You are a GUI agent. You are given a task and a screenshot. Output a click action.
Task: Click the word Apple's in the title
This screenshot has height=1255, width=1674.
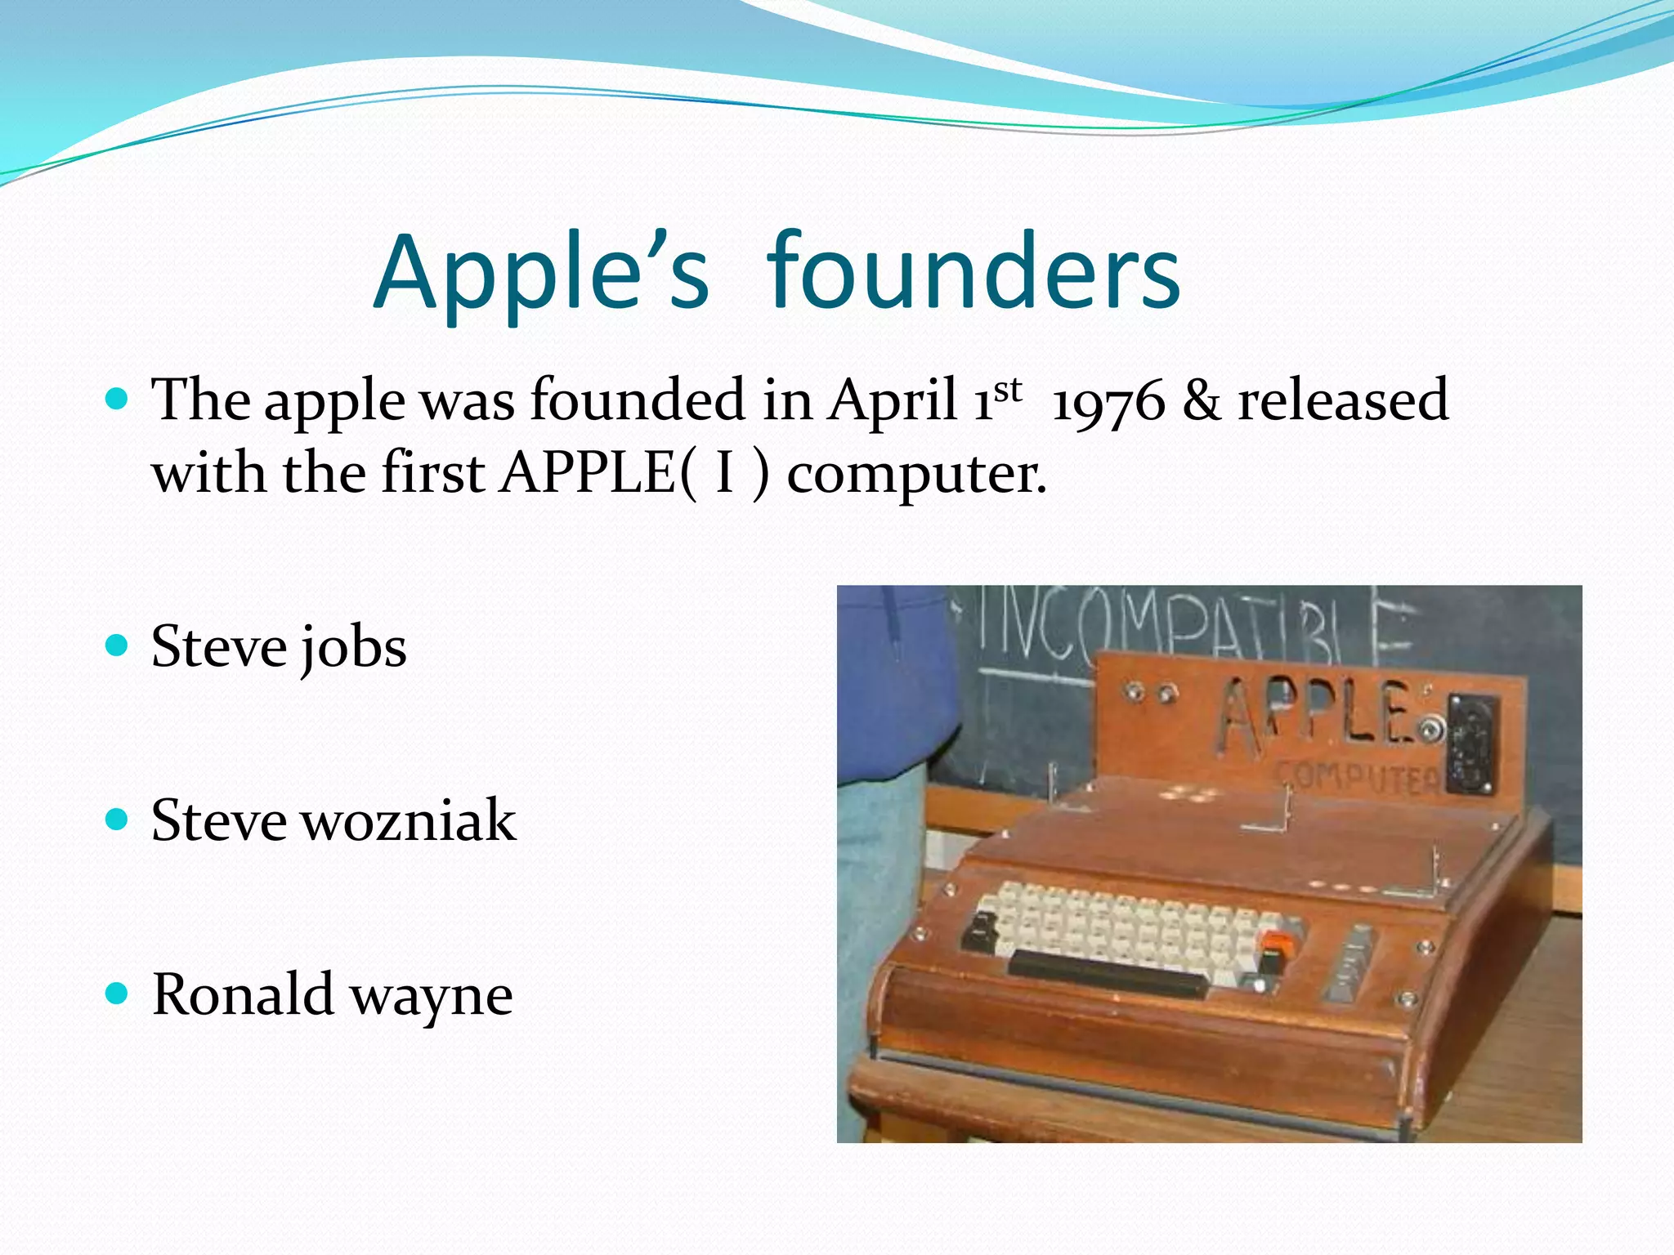[541, 274]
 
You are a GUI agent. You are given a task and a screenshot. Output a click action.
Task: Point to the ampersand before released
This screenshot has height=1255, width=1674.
[1201, 401]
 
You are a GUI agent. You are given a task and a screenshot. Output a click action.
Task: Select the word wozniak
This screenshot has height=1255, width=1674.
[409, 820]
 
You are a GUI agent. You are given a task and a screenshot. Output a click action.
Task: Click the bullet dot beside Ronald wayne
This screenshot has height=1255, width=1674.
[118, 994]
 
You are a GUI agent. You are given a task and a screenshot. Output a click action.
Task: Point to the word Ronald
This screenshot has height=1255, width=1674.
[242, 994]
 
